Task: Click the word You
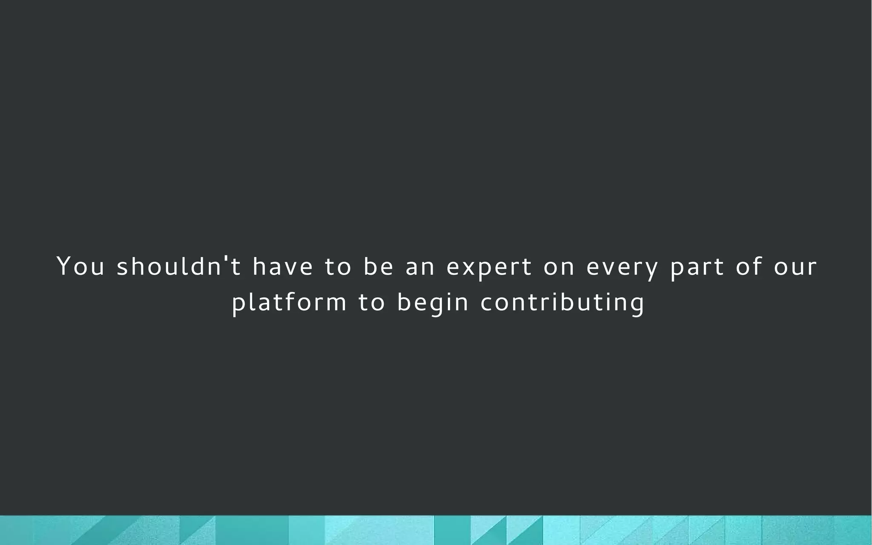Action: (x=80, y=267)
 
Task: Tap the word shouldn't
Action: (x=179, y=267)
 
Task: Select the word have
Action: (x=283, y=267)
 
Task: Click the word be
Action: (x=379, y=267)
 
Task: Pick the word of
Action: (x=749, y=267)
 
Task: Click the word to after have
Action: (x=338, y=267)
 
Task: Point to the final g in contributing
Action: (x=637, y=305)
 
